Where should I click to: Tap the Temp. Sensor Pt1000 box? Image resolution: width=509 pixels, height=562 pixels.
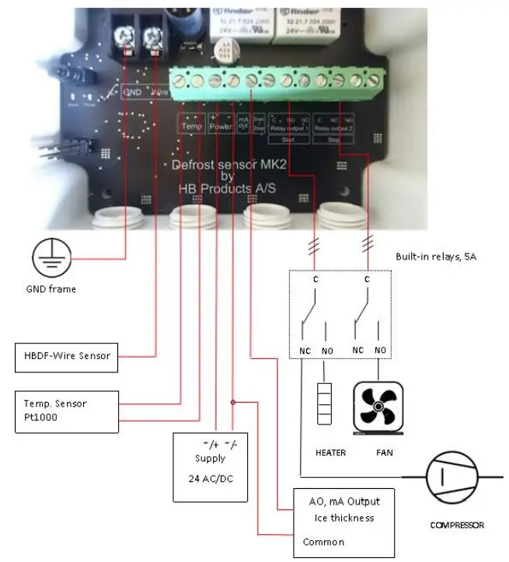[66, 410]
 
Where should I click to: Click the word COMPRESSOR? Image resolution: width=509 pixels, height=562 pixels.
[457, 525]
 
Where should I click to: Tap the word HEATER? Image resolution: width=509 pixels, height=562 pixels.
[329, 452]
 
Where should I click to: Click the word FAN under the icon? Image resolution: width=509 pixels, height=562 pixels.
[379, 452]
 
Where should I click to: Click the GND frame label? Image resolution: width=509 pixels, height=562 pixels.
[52, 289]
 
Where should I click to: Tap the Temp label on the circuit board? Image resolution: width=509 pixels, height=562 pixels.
[191, 125]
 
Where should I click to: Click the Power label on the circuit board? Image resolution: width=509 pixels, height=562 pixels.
[221, 125]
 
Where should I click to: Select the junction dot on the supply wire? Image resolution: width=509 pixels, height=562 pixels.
[232, 402]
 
